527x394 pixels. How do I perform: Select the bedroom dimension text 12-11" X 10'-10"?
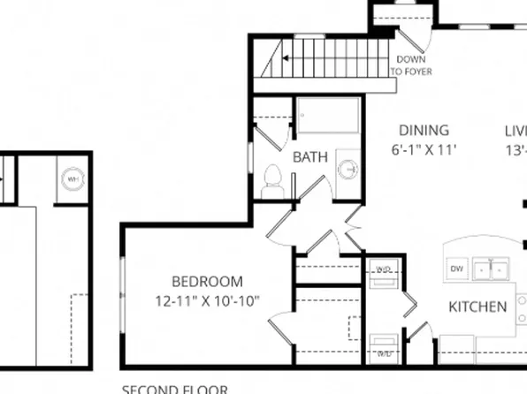[206, 300]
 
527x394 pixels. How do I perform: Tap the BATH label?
[310, 157]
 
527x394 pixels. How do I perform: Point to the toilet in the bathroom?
[272, 184]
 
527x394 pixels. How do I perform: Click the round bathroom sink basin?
[349, 167]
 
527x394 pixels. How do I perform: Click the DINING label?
[423, 130]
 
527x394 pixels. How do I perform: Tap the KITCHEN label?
[477, 307]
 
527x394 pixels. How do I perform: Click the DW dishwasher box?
[457, 268]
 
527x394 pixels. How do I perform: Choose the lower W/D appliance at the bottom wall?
[385, 345]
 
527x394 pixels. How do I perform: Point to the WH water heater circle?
[72, 178]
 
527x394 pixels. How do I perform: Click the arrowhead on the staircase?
[285, 59]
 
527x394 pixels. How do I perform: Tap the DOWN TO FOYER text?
[411, 65]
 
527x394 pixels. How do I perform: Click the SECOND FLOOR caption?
[174, 389]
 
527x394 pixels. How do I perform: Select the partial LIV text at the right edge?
[516, 130]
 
